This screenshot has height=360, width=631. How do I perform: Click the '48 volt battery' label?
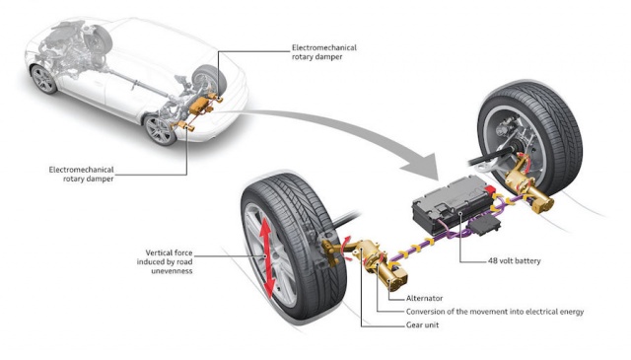coord(514,261)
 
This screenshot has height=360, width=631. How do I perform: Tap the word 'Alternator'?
coord(424,299)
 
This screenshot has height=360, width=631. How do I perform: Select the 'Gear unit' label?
coord(422,324)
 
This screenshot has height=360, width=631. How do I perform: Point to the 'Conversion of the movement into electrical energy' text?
coord(495,312)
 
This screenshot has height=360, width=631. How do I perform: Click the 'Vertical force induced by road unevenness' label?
coord(165,261)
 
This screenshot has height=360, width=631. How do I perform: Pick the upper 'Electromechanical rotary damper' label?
coord(324,52)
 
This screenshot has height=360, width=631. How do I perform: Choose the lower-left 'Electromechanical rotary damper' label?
coord(81,174)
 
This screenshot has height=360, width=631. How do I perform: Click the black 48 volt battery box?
coord(453,204)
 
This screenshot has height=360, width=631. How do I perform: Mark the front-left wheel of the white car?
coord(43,79)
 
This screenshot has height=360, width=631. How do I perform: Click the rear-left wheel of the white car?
coord(160,130)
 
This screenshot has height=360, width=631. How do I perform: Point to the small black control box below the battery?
coord(487,223)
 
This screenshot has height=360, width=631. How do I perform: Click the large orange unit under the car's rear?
coord(199,107)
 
